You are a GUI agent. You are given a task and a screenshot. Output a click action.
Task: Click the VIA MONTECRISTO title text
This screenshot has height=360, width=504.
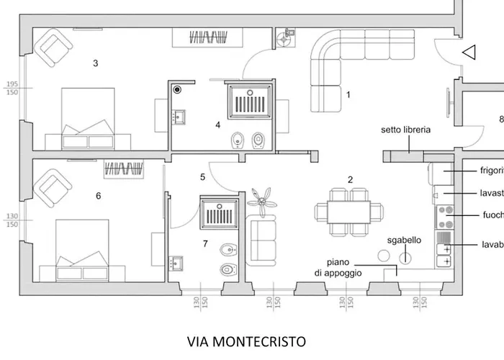246,341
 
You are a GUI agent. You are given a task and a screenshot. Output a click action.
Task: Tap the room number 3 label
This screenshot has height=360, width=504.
95,63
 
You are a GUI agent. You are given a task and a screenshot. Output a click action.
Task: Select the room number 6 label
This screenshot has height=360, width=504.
98,195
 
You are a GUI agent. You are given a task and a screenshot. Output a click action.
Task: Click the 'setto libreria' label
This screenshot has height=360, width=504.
406,130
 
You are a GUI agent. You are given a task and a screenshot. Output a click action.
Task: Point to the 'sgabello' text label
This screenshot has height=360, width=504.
404,240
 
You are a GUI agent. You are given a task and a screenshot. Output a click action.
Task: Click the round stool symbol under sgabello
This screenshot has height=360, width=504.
405,254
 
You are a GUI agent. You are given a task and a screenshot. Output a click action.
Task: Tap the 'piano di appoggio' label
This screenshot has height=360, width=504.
337,268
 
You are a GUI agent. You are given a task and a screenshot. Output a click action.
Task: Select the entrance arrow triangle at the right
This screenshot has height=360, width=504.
469,52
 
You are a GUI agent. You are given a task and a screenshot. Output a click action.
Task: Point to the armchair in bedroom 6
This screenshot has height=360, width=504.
53,186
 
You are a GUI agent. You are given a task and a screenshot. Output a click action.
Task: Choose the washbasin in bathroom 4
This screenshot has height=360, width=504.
179,117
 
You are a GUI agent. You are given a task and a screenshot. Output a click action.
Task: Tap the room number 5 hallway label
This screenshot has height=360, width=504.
203,176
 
